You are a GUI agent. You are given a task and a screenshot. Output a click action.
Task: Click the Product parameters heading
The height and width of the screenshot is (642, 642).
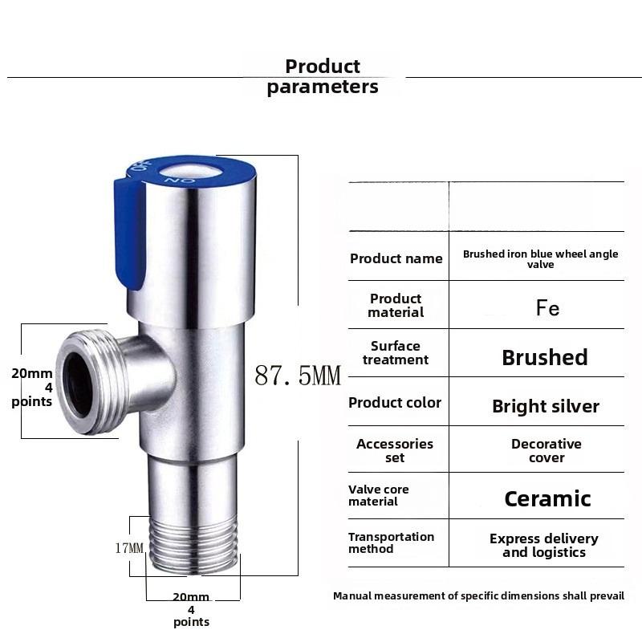point(323,77)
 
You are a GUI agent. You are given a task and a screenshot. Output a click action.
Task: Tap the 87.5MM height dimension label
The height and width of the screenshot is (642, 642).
point(298,376)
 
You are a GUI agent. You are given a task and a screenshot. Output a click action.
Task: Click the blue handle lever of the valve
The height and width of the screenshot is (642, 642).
point(128,233)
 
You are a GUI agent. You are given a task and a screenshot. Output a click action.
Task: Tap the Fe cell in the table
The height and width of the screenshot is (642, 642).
point(547,308)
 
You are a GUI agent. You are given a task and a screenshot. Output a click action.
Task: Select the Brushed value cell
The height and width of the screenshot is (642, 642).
point(545,357)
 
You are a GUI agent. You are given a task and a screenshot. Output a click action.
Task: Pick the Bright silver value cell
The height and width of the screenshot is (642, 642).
point(546,406)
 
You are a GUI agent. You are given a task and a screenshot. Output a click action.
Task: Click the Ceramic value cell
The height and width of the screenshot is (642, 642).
point(547,499)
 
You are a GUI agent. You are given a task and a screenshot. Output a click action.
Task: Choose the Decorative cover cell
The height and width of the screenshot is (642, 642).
point(547,450)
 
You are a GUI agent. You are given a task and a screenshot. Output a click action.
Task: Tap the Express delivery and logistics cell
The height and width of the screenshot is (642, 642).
point(544,545)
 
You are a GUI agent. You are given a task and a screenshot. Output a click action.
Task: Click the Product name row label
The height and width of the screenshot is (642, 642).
point(396,258)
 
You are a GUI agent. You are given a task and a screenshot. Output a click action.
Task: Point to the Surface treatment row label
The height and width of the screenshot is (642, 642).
point(396,353)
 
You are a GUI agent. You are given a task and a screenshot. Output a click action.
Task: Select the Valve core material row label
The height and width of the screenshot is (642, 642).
point(379,495)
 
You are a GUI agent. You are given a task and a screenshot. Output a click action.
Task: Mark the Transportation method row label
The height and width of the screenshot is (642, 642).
point(391,542)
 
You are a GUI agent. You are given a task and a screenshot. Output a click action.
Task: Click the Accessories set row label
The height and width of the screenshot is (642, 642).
point(395,450)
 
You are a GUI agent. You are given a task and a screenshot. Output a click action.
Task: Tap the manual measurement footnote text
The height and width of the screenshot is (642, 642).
point(478,596)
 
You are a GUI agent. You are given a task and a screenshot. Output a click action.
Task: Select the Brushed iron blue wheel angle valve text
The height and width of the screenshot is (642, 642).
point(541,258)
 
